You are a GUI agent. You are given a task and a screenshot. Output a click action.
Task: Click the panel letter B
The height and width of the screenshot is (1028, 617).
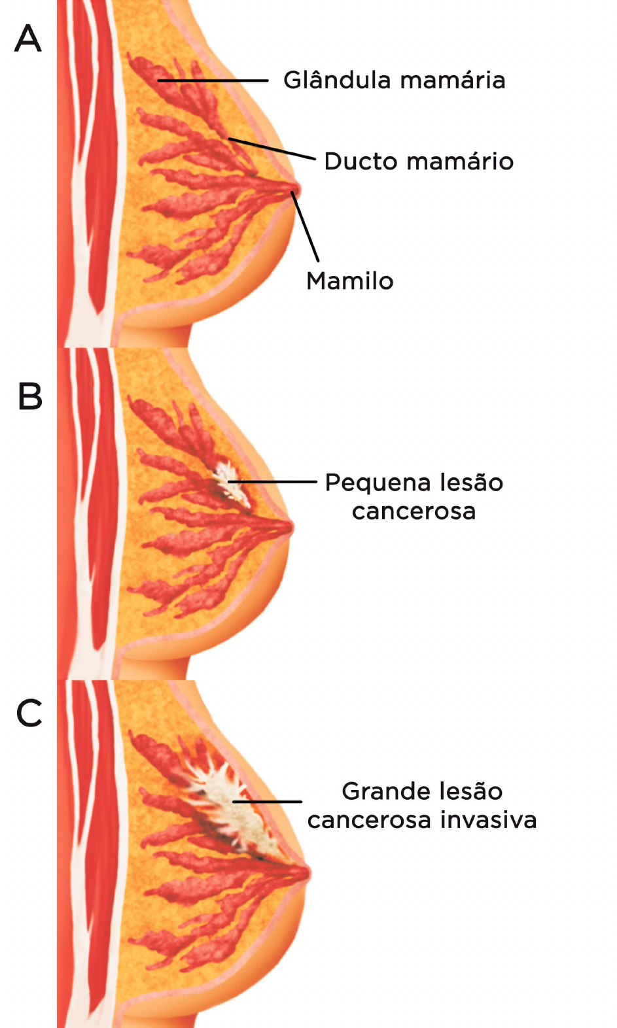click(x=30, y=396)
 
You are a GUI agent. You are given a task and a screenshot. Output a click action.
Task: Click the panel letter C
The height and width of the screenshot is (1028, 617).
click(x=29, y=713)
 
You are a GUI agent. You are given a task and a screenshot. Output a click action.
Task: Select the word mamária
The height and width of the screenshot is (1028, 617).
click(x=453, y=80)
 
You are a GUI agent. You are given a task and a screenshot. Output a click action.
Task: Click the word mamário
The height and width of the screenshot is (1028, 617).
click(x=460, y=161)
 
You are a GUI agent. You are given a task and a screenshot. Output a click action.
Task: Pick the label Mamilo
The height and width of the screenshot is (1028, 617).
click(x=350, y=281)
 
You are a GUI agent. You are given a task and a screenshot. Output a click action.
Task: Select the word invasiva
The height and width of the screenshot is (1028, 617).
click(x=489, y=820)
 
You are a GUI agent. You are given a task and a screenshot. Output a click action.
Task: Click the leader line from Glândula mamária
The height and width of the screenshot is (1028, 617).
click(x=213, y=81)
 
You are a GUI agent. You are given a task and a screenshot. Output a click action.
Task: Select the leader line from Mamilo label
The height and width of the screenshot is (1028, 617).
click(x=305, y=227)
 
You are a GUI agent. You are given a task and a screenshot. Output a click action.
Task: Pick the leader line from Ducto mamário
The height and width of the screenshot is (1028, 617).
click(x=272, y=148)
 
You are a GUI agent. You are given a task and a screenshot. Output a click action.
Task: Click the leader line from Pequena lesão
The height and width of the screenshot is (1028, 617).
click(x=273, y=482)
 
